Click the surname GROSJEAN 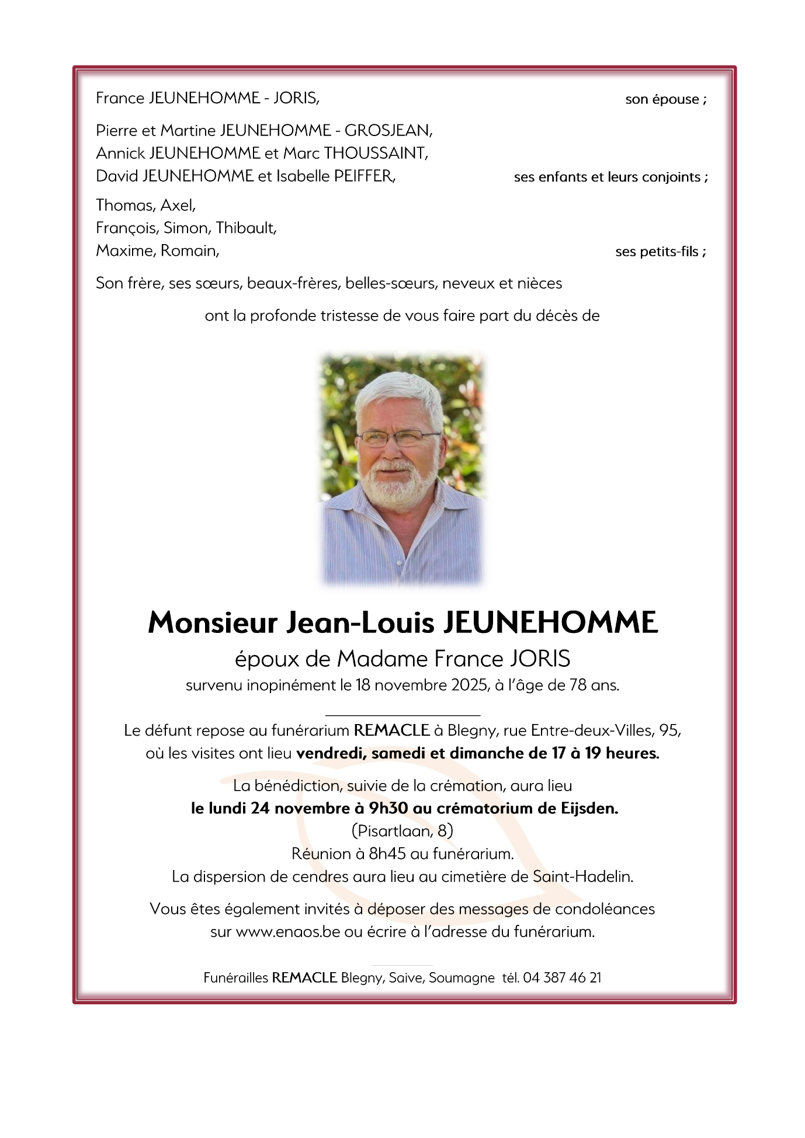click(x=388, y=130)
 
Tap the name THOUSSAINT click(x=376, y=153)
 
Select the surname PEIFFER click(x=364, y=176)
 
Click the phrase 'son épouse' click(x=662, y=99)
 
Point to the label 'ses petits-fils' click(x=657, y=252)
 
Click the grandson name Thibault click(x=246, y=228)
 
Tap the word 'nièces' click(x=539, y=283)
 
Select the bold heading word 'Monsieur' click(x=212, y=622)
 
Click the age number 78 click(x=577, y=685)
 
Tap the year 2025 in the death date click(x=470, y=685)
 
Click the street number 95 click(x=669, y=730)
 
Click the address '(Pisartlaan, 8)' click(x=402, y=830)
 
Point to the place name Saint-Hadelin click(x=582, y=876)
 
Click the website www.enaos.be click(x=287, y=931)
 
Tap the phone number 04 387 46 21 click(x=562, y=977)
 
